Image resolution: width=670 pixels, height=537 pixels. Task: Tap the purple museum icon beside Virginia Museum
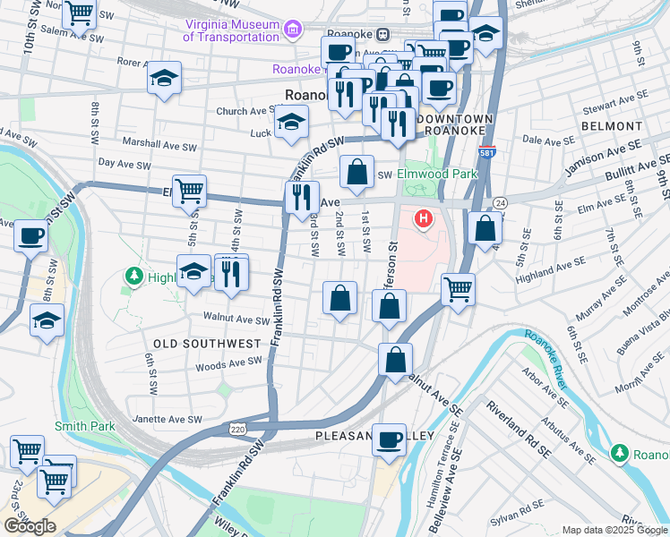click(291, 31)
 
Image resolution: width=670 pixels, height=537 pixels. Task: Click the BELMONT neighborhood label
click(612, 127)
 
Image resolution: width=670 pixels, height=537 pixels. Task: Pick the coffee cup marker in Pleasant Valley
click(389, 439)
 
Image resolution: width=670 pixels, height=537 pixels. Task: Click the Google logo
click(30, 526)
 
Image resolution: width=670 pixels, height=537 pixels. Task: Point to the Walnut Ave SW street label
click(236, 319)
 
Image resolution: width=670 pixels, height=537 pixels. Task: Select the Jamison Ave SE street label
click(604, 157)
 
